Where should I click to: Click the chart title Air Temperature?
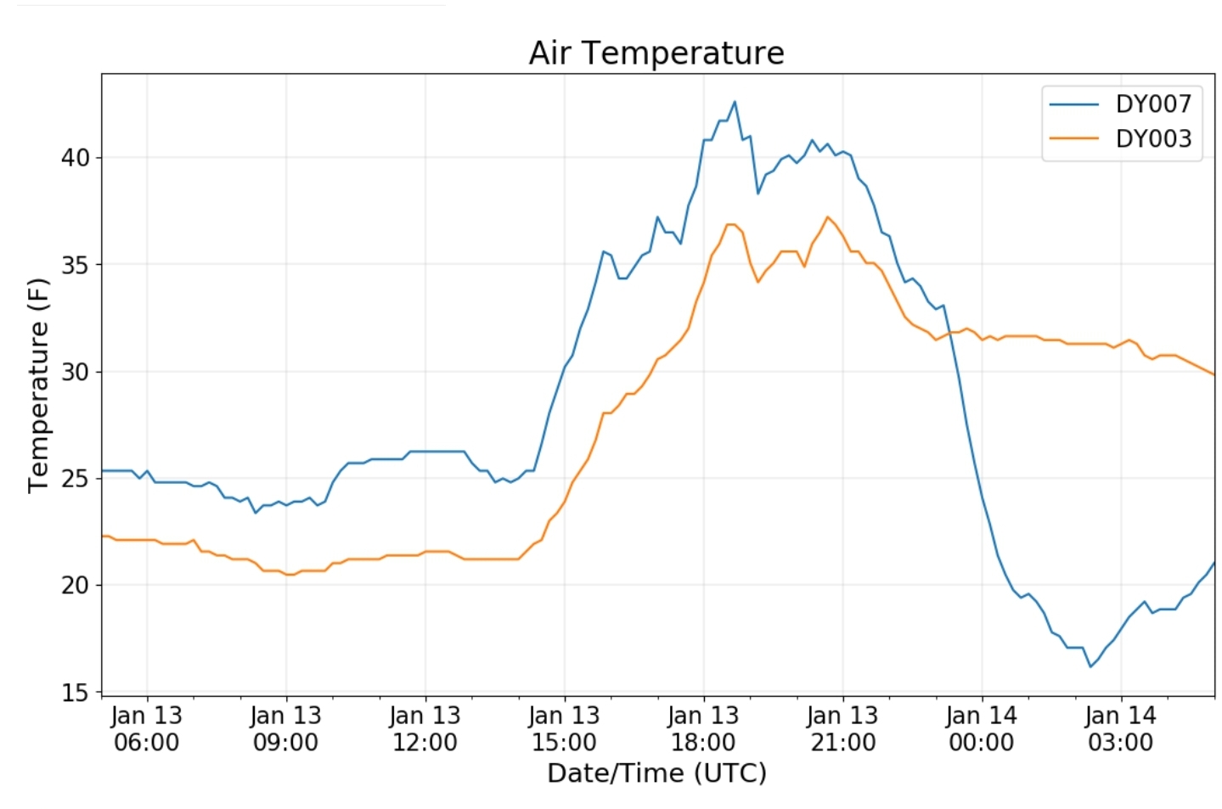[656, 53]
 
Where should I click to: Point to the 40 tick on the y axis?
[75, 158]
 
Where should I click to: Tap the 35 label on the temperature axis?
[75, 265]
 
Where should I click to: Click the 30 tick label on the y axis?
[75, 372]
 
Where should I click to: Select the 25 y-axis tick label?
[75, 479]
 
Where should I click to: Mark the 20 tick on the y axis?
[75, 586]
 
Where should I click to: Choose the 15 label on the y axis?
[75, 693]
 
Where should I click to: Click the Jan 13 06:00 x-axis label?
[147, 729]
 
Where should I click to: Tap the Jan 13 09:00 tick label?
[286, 729]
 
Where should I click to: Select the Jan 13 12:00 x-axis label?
[425, 729]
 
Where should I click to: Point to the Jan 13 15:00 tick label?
[565, 729]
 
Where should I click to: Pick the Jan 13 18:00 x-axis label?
[704, 729]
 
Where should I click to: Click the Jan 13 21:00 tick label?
[842, 729]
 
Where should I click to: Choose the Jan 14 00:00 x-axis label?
[982, 729]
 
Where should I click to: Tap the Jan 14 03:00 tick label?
[1121, 729]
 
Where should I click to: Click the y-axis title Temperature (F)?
[38, 385]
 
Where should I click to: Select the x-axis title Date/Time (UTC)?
[656, 773]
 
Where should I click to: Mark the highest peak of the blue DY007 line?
[735, 102]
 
